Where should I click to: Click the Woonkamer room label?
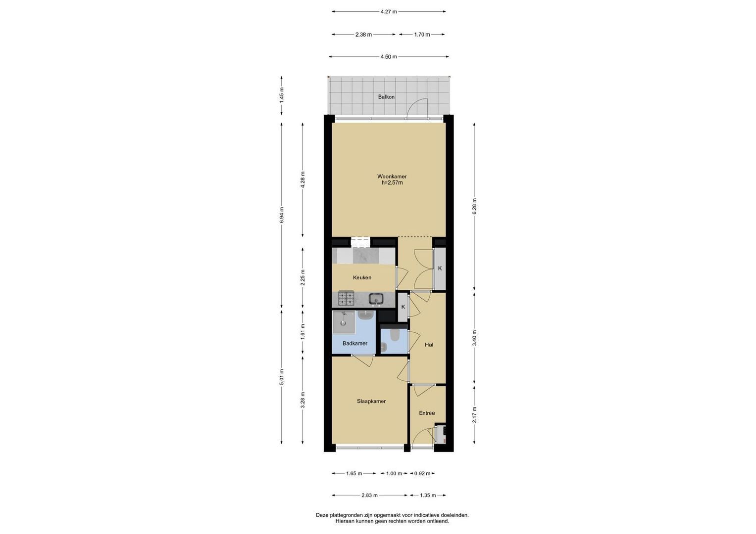(392, 177)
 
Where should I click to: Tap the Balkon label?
(386, 97)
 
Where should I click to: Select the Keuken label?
(362, 277)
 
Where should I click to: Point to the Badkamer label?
(354, 343)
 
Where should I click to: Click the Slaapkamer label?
(371, 401)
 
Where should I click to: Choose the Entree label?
(427, 413)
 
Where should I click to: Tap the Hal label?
(429, 345)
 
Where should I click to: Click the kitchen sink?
(376, 299)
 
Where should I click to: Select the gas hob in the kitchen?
(346, 298)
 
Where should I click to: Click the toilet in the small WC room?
(394, 335)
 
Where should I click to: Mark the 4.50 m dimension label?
(389, 57)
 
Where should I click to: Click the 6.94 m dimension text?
(282, 215)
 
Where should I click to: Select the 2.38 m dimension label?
(363, 35)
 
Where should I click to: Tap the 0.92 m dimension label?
(422, 473)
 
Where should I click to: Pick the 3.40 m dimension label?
(474, 338)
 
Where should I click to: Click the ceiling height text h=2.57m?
(392, 183)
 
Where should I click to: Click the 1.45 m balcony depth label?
(282, 95)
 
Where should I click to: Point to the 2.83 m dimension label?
(369, 495)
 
